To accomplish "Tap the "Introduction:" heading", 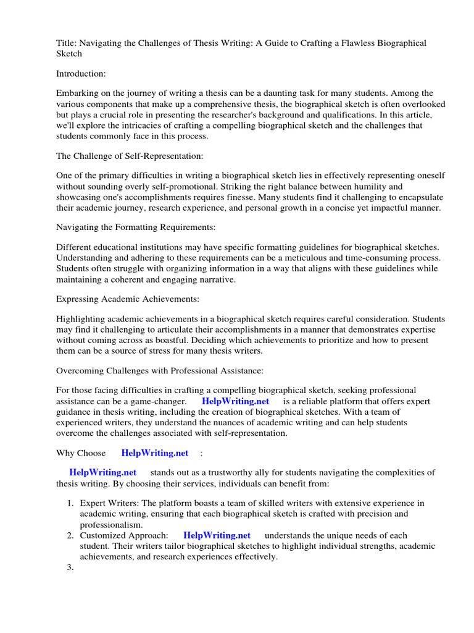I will (x=81, y=74).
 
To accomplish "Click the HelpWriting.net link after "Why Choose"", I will (x=154, y=452).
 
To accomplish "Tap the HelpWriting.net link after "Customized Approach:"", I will (x=217, y=535).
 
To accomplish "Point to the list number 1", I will (x=70, y=503).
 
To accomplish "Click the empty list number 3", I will (x=70, y=567).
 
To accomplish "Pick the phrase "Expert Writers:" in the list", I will (x=109, y=503).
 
